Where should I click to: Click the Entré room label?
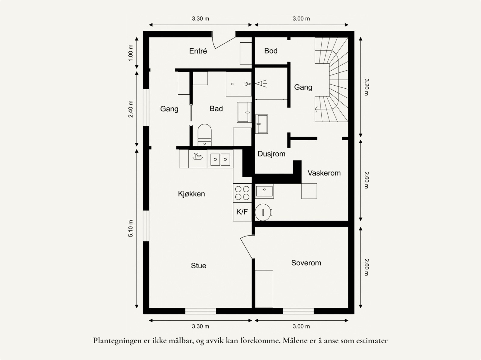tap(198, 51)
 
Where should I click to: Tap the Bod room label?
tap(271, 51)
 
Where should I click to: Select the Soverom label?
tap(306, 263)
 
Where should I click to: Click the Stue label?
tap(198, 266)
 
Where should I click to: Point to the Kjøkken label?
tap(191, 194)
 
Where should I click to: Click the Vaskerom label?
tap(324, 173)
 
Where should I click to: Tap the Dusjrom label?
tap(271, 154)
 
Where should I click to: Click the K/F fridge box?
tap(242, 212)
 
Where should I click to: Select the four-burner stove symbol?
tap(242, 193)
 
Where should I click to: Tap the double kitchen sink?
tap(220, 159)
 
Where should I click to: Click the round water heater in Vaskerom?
tap(263, 212)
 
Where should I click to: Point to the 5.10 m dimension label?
tap(131, 228)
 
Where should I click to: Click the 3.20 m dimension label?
tap(366, 87)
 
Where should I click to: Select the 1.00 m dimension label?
tap(131, 53)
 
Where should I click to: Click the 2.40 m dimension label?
tap(131, 109)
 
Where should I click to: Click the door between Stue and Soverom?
tap(247, 246)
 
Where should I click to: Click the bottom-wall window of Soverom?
tap(298, 311)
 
